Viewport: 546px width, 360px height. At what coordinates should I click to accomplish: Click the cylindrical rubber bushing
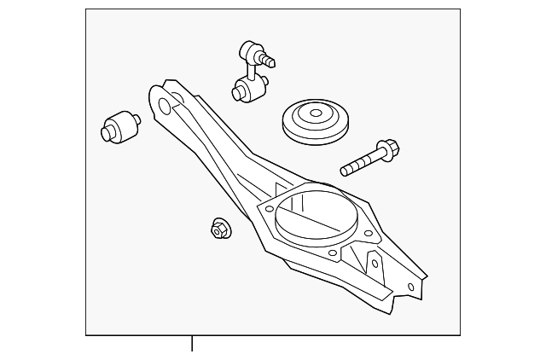pos(119,127)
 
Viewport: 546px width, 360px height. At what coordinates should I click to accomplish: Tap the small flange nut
pos(219,229)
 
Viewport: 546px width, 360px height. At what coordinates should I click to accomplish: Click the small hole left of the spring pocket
pos(270,207)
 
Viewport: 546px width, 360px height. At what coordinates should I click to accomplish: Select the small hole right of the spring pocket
pos(369,233)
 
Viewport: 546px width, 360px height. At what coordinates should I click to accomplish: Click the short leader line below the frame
pos(192,344)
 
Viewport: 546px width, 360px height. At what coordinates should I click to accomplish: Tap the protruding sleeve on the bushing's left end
pos(107,133)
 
